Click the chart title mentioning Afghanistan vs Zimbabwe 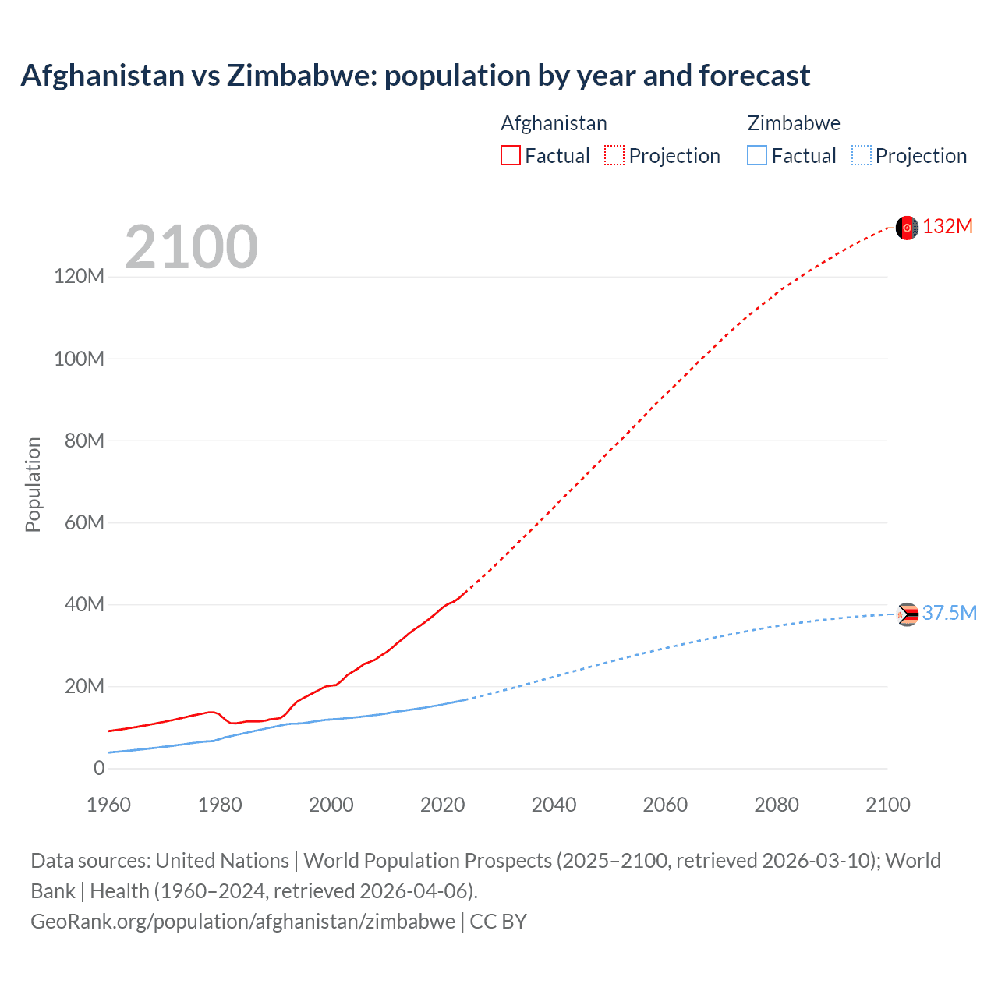click(x=415, y=76)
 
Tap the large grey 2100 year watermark click(x=191, y=247)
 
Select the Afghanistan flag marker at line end click(x=907, y=228)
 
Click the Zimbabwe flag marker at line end click(x=907, y=614)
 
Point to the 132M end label click(x=948, y=227)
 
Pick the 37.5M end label click(x=950, y=614)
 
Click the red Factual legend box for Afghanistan click(x=511, y=156)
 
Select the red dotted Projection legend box click(x=614, y=156)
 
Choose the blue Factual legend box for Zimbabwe click(x=757, y=156)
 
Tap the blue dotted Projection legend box click(x=862, y=156)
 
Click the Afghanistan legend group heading click(x=554, y=123)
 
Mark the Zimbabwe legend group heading click(x=794, y=123)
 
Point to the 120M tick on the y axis click(x=79, y=277)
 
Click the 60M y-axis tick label click(x=83, y=522)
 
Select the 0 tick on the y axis click(x=99, y=769)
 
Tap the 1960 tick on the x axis click(x=108, y=805)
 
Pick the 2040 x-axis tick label click(x=554, y=805)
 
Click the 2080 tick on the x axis click(x=777, y=805)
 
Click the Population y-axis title click(x=33, y=484)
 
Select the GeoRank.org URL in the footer click(x=242, y=922)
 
